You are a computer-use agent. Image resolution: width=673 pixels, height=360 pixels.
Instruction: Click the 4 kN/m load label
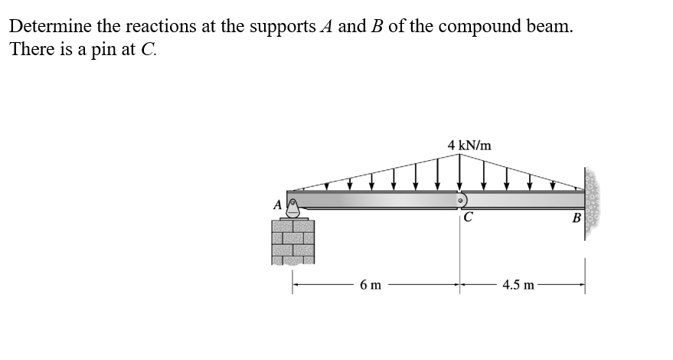tap(470, 145)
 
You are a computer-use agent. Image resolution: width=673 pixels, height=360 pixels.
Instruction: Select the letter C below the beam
tap(467, 217)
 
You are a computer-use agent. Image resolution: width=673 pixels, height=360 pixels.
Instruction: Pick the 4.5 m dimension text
tap(519, 286)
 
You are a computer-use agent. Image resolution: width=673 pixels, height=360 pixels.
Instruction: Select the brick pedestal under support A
tap(293, 243)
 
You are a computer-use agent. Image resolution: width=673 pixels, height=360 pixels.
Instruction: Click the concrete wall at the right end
tap(592, 201)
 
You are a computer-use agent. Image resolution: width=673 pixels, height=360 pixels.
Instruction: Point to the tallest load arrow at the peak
tap(459, 172)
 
